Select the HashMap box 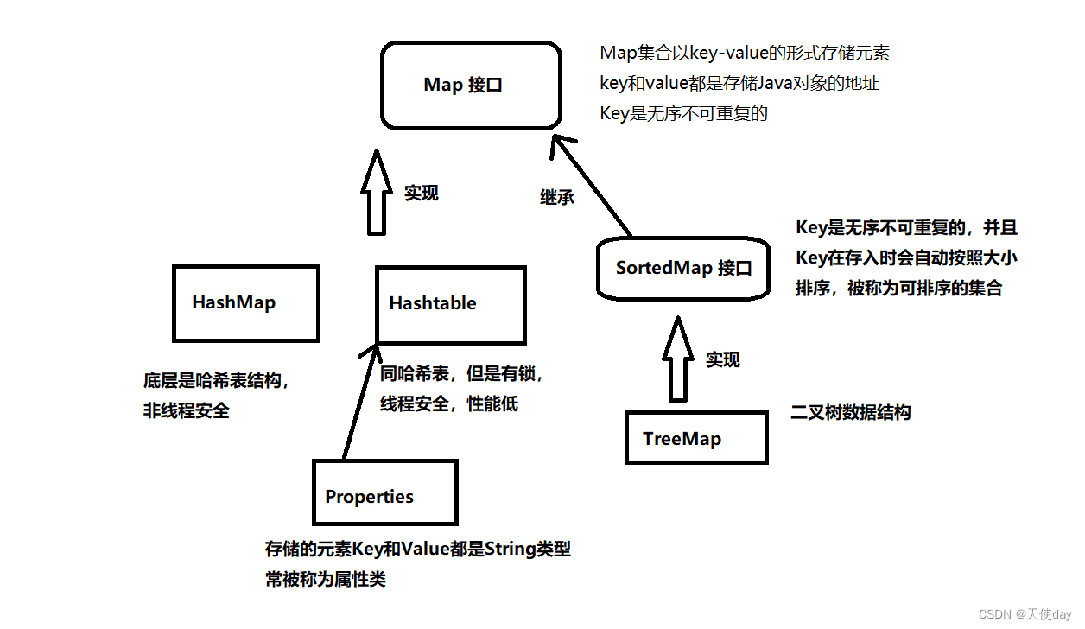coord(246,302)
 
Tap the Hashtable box coord(450,303)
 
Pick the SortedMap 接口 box coord(683,268)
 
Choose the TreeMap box coord(695,437)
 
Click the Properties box coord(384,492)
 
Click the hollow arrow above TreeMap coord(678,359)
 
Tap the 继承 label coord(557,197)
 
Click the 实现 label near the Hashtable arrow coord(422,194)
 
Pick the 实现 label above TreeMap coord(723,359)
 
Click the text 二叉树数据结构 coord(851,412)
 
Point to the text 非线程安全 coord(187,410)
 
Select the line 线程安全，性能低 coord(449,403)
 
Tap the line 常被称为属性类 coord(326,579)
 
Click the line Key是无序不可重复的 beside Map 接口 coord(684,113)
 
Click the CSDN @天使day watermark coord(1025,613)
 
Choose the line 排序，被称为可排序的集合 coord(898,289)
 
